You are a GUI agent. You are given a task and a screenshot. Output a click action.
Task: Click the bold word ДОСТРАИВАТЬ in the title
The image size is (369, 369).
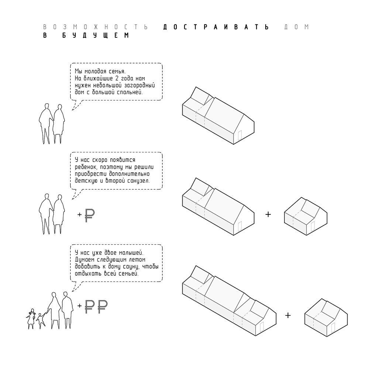click(x=216, y=27)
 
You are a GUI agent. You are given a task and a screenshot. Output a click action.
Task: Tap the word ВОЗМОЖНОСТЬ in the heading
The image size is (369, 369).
click(x=95, y=27)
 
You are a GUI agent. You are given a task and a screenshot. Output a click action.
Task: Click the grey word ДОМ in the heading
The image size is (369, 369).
click(x=297, y=27)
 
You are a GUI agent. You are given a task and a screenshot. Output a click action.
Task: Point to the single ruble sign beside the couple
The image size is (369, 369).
click(x=90, y=215)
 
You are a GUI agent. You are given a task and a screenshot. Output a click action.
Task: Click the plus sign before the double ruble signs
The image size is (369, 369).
click(x=80, y=306)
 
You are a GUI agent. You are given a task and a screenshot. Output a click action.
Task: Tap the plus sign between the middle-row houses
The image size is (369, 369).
click(x=268, y=214)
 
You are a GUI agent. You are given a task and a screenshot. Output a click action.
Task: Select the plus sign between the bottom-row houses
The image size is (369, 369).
click(x=287, y=315)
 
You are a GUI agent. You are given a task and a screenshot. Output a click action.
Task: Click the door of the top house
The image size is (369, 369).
click(x=240, y=135)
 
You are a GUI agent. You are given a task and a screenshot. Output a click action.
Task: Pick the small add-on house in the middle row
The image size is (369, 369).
click(x=306, y=216)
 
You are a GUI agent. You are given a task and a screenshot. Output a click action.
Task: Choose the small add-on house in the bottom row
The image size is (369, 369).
click(x=326, y=317)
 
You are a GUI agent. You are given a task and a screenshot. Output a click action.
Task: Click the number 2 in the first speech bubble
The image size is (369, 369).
click(x=117, y=78)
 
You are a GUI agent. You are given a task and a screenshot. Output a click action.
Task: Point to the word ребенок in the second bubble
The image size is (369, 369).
click(x=86, y=167)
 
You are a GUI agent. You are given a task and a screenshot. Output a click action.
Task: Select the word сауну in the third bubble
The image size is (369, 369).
click(x=131, y=267)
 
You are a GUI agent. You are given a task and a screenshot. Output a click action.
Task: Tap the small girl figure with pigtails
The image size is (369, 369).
click(x=31, y=319)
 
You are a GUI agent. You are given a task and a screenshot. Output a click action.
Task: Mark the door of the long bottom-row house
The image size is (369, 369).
click(x=262, y=327)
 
